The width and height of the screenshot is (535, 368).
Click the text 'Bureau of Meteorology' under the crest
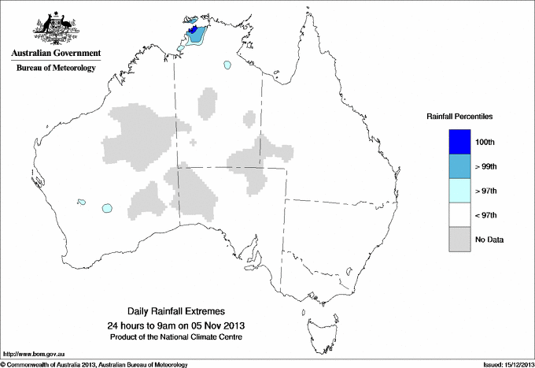click(55, 69)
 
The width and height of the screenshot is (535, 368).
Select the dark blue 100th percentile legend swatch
click(459, 141)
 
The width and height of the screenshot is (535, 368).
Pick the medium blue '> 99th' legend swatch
click(459, 165)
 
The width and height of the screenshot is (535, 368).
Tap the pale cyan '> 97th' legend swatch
click(459, 190)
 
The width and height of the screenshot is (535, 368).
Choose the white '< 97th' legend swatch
click(459, 214)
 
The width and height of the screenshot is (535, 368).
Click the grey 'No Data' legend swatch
click(459, 239)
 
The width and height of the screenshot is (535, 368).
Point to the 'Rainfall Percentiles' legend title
click(459, 116)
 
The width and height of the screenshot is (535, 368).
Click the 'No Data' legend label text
click(489, 239)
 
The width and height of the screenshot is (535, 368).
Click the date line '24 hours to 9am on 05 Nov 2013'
click(176, 325)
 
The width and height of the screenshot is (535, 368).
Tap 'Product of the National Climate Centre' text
click(176, 336)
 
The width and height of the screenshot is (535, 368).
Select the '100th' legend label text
click(485, 142)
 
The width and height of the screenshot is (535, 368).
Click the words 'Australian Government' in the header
click(55, 54)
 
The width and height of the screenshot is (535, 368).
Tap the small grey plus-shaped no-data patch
click(194, 143)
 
